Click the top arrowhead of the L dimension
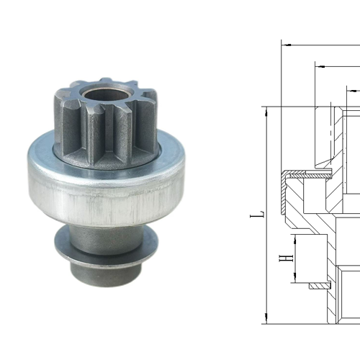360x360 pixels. [x=266, y=110]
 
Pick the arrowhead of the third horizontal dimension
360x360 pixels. [x=351, y=91]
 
